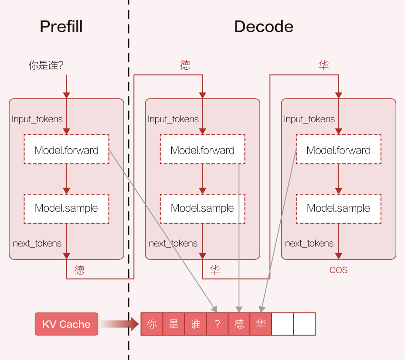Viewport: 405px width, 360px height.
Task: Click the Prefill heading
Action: (61, 26)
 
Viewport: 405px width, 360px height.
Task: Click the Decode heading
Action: (264, 26)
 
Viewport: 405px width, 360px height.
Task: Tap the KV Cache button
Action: (66, 324)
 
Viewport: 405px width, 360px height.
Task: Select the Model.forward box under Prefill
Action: (66, 149)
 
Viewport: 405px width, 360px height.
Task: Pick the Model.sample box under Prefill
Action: (66, 209)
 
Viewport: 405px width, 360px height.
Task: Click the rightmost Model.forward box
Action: (339, 149)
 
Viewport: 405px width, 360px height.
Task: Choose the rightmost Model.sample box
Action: (339, 209)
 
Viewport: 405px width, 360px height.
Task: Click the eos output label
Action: (338, 270)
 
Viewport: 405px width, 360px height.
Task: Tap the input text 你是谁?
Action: (46, 65)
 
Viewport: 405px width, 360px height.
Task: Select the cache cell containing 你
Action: (152, 324)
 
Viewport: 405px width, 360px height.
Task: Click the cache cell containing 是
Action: (174, 324)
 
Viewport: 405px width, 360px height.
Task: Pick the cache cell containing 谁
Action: (196, 324)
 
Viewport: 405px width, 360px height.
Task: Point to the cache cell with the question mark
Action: (217, 324)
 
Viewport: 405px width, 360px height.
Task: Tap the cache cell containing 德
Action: (239, 324)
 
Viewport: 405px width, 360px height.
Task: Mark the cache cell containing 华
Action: (261, 324)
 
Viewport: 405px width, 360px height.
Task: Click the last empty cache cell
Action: (304, 324)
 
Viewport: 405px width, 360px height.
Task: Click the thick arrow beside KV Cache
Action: (119, 324)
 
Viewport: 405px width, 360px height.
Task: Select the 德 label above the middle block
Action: (185, 65)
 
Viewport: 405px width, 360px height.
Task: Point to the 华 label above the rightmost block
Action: (323, 65)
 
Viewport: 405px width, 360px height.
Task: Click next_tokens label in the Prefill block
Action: (37, 243)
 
